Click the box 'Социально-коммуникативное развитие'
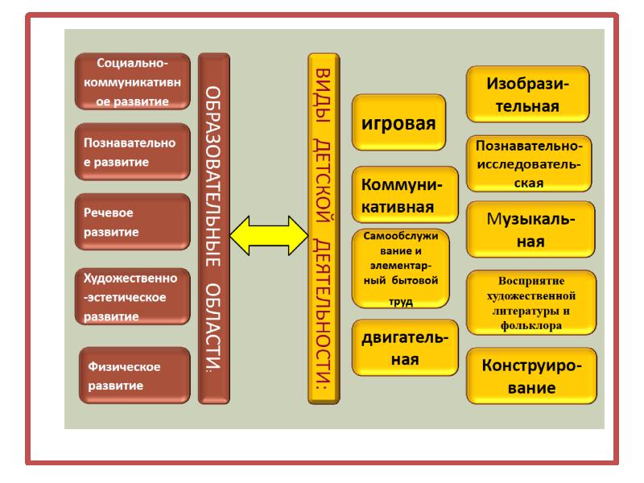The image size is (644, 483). tap(131, 80)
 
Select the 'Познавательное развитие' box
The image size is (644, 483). tap(131, 151)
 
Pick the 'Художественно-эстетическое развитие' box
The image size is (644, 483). tap(131, 295)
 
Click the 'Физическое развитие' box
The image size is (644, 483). tap(134, 375)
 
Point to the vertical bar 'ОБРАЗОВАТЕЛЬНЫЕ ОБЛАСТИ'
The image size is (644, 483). tap(213, 228)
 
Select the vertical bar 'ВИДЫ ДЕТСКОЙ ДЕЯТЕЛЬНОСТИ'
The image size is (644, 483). tap(325, 228)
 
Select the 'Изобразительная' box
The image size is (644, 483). tap(528, 94)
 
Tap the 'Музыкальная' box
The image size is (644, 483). tap(528, 229)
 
